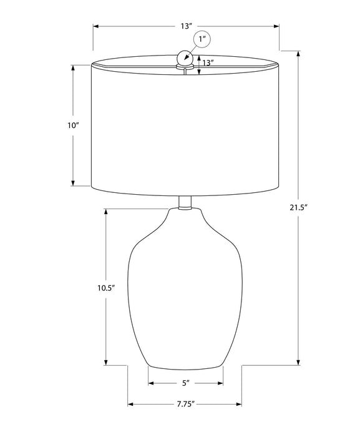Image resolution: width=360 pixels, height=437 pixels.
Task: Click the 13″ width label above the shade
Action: click(187, 26)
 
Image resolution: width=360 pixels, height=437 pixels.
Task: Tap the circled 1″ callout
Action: click(202, 39)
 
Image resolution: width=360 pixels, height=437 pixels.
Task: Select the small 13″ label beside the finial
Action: click(208, 63)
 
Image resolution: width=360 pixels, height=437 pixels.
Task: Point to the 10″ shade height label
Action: click(73, 125)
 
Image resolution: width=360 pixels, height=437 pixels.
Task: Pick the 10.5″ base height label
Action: click(106, 288)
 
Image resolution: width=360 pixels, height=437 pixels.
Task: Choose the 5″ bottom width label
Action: click(185, 383)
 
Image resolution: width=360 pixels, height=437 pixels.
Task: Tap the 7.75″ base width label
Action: click(185, 404)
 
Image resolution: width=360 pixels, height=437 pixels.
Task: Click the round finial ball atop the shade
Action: click(184, 57)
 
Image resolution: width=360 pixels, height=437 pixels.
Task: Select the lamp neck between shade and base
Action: click(185, 203)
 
